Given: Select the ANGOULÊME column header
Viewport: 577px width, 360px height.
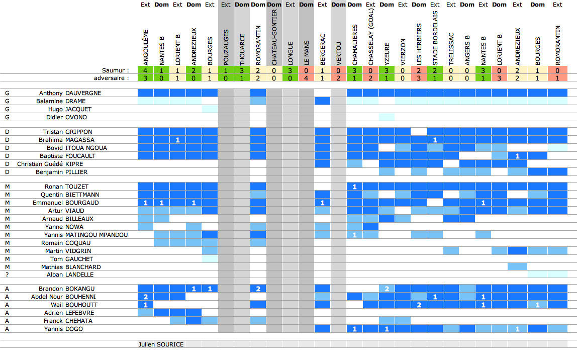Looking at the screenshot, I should (146, 48).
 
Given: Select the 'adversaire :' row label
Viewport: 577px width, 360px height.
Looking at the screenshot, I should (112, 78).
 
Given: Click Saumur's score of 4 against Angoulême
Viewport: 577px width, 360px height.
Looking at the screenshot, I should (146, 70).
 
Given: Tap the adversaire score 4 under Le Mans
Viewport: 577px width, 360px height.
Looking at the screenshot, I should (306, 78).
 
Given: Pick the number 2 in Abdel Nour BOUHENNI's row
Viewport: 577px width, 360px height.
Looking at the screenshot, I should (146, 297).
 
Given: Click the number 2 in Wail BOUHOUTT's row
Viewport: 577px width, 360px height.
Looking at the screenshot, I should (419, 305).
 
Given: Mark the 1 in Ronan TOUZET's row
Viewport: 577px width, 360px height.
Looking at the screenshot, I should (354, 187).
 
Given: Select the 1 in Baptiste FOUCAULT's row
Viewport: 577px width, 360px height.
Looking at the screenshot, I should (517, 156).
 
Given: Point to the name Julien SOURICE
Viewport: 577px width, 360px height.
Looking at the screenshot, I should (161, 344).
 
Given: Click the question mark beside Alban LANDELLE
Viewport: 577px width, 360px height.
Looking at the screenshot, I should (7, 275).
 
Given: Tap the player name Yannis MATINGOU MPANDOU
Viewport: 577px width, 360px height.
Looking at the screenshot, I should (85, 235).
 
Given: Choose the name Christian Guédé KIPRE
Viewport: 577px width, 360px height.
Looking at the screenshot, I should (50, 164).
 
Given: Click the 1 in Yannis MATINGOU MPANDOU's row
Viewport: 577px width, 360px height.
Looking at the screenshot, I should (354, 235).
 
